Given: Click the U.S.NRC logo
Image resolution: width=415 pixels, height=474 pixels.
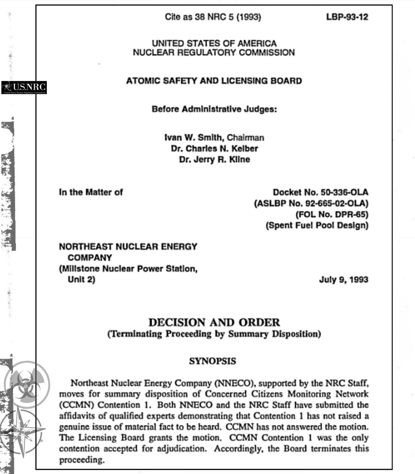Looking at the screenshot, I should [24, 87].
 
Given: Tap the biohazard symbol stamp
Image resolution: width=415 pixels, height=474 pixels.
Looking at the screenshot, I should [27, 385].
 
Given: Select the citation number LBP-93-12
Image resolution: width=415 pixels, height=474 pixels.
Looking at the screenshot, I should [347, 17].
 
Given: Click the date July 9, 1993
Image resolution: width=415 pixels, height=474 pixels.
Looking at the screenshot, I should [343, 280].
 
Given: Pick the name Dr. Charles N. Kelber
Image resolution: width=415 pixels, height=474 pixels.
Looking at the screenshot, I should [214, 148].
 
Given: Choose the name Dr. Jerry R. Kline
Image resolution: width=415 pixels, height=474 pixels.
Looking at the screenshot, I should [214, 160].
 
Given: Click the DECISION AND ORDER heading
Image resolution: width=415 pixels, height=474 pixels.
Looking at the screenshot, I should [214, 322].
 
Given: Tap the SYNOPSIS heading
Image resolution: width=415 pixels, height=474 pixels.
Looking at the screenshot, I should [212, 361].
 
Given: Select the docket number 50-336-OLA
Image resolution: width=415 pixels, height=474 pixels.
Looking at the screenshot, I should [344, 192].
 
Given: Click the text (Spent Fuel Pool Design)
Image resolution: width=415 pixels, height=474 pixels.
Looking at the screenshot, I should [317, 225].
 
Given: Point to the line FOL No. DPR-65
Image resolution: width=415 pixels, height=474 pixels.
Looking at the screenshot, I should [332, 214].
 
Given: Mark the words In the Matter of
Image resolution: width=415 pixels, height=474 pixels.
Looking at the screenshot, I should [91, 192].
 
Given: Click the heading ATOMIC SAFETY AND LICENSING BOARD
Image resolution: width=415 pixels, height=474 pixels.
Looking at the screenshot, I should [214, 81].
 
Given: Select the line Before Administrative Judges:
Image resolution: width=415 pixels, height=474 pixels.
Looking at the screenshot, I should [214, 109].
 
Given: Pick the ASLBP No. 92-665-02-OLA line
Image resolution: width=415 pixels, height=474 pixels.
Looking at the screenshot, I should [311, 203].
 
